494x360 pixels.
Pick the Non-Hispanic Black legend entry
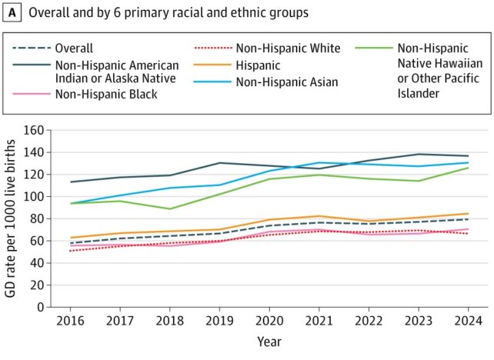[x=115, y=95]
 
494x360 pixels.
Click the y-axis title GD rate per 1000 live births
[x=13, y=218]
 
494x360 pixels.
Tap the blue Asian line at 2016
[x=69, y=204]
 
